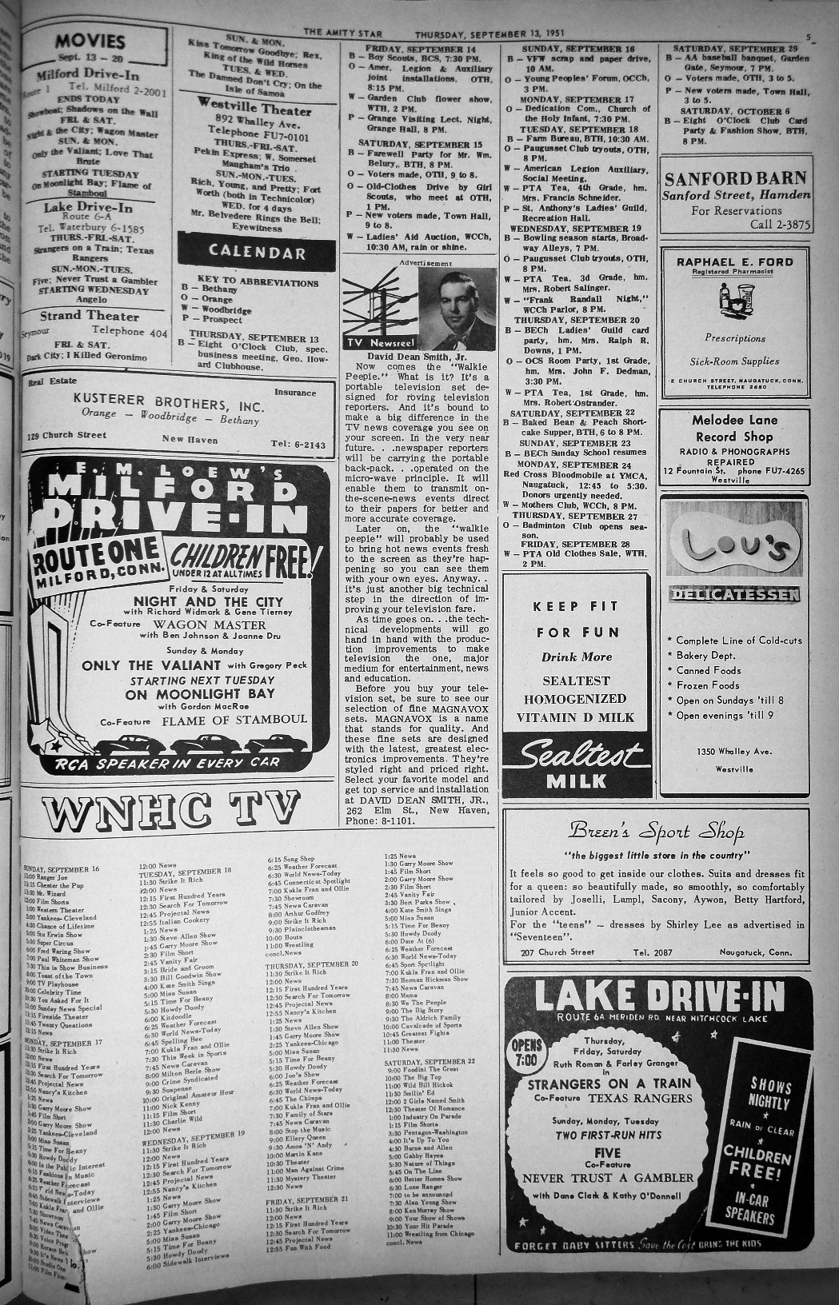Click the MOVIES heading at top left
click(91, 42)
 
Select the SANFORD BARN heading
click(735, 178)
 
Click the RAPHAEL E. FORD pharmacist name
click(734, 261)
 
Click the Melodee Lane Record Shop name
click(734, 428)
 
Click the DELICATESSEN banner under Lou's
click(734, 594)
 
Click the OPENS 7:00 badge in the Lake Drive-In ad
click(526, 1055)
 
